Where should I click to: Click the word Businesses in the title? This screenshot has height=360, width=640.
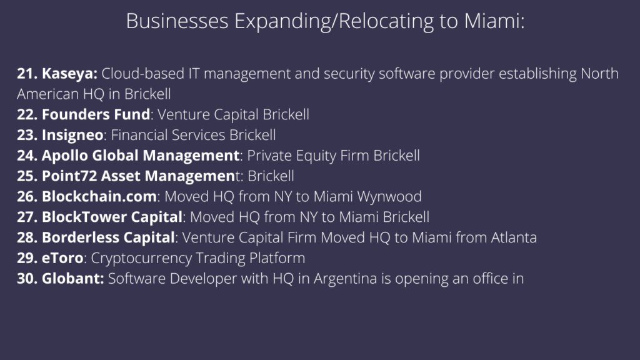pyautogui.click(x=177, y=21)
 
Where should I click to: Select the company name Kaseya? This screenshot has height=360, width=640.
pyautogui.click(x=69, y=74)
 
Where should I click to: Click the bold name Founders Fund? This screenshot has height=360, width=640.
pyautogui.click(x=96, y=114)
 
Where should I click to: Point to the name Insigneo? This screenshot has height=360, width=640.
pyautogui.click(x=72, y=136)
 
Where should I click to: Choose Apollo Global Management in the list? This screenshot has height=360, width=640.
pyautogui.click(x=141, y=156)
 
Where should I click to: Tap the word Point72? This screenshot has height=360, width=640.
pyautogui.click(x=69, y=176)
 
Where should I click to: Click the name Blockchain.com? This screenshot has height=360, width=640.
pyautogui.click(x=99, y=196)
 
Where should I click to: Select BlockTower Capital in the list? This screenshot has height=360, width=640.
pyautogui.click(x=112, y=217)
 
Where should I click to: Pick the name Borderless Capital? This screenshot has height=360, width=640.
pyautogui.click(x=108, y=237)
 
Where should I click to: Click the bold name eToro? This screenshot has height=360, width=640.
pyautogui.click(x=62, y=258)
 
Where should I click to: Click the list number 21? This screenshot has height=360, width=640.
pyautogui.click(x=27, y=74)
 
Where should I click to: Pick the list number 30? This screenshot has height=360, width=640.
pyautogui.click(x=27, y=278)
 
